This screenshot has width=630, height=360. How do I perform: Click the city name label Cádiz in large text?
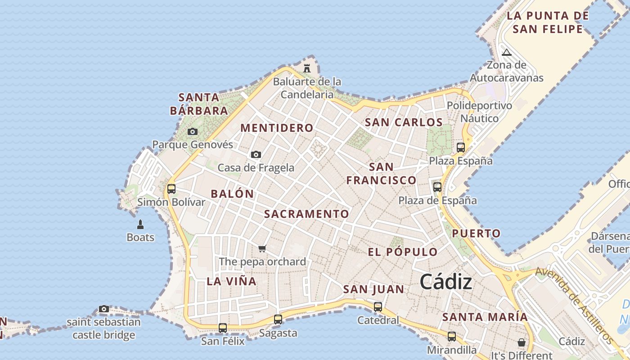446,282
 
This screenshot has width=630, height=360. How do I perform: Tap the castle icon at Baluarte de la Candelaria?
307,68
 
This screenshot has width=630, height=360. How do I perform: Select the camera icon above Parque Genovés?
193,131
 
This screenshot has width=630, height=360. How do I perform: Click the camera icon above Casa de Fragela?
256,154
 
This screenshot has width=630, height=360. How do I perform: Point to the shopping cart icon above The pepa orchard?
262,248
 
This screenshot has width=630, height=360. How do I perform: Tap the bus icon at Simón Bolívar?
171,189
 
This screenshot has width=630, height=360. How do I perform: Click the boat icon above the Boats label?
140,224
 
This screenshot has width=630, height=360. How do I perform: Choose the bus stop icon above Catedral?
378,307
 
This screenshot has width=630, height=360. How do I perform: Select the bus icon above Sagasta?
278,319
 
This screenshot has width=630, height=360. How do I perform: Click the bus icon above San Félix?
223,328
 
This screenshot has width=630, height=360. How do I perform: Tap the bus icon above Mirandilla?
452,337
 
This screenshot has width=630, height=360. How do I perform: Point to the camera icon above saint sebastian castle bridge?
104,309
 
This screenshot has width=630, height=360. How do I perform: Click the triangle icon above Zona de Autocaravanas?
507,52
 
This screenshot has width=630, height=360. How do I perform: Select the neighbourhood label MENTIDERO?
277,128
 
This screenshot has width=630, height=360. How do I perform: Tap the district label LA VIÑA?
231,282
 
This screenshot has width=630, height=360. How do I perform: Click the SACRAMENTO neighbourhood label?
306,214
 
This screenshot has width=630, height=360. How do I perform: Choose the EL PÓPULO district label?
402,252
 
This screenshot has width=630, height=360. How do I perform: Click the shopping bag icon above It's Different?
521,342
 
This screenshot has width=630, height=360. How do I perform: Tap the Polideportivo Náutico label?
479,112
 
